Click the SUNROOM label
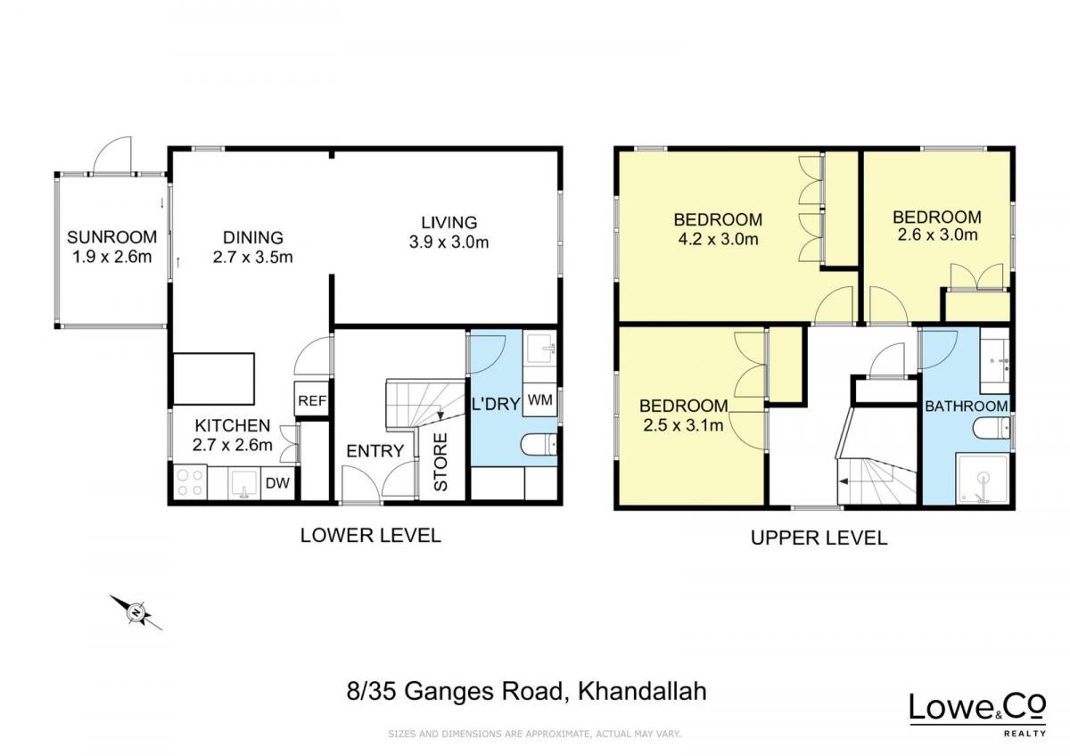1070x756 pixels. point(111,237)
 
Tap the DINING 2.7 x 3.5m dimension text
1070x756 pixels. point(252,258)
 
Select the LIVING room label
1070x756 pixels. point(449,223)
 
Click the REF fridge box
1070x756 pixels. point(312,400)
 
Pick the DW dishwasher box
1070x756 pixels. point(277,483)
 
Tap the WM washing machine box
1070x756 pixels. point(539,399)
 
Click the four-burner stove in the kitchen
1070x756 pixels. point(190,482)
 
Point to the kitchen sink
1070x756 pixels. point(244,483)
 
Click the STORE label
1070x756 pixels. point(440,462)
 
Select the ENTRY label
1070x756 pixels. point(375,451)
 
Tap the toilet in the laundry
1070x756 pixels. point(539,445)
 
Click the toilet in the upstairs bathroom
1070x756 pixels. point(992,428)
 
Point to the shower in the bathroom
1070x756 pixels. point(982,479)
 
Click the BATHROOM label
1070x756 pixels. point(967,407)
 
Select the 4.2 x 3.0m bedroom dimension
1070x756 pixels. point(719,239)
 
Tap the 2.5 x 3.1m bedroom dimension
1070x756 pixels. point(684,425)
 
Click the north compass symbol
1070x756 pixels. point(136,612)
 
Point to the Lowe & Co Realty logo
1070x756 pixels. point(978,714)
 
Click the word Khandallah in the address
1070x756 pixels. point(643,691)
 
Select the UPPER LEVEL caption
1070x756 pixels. point(819,538)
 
